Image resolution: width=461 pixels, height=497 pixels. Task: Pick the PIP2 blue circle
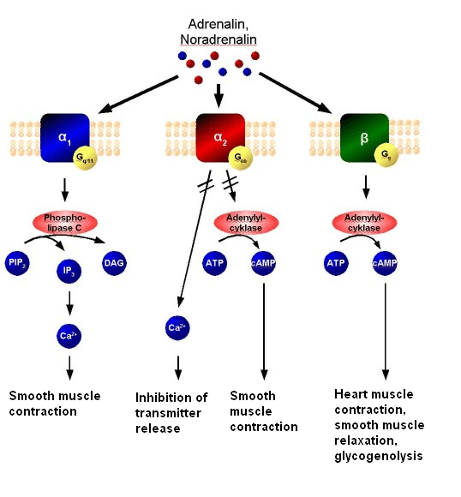tap(17, 263)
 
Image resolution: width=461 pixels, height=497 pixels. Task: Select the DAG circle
tap(115, 263)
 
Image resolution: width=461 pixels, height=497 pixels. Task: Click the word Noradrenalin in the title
tap(218, 39)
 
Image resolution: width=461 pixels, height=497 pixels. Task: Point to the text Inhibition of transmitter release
tap(172, 412)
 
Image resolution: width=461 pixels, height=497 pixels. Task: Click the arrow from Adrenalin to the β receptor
tap(296, 92)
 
